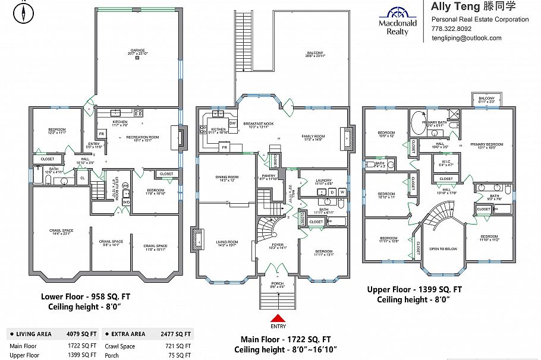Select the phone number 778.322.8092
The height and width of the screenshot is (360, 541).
[x=451, y=29]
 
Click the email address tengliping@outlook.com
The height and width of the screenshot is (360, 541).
[x=466, y=38]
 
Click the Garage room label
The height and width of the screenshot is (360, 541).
[x=137, y=51]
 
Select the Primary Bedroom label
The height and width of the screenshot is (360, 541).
[x=486, y=144]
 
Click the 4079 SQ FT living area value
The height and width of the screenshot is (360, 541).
[x=79, y=334]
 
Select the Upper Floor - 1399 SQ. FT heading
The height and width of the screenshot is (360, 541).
[x=414, y=289]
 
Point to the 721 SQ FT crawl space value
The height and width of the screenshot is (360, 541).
[x=179, y=346]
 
